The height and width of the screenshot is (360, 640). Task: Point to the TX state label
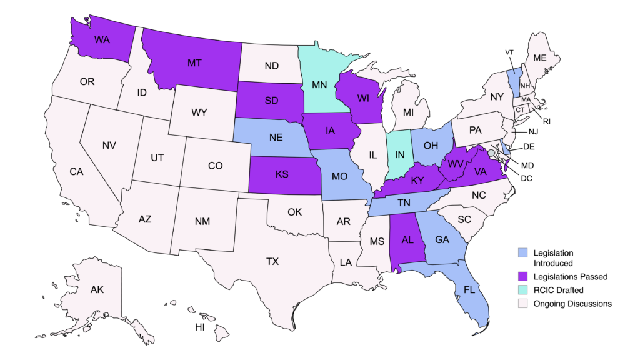click(x=272, y=262)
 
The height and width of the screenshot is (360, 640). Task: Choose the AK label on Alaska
click(x=97, y=289)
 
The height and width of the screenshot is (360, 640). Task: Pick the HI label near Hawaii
click(x=201, y=327)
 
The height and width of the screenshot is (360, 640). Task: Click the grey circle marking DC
click(x=491, y=152)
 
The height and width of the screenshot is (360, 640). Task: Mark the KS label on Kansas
click(x=282, y=173)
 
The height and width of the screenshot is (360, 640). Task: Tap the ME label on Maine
click(x=539, y=57)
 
